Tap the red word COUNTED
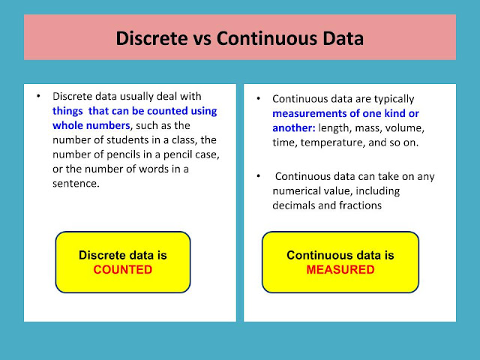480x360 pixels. point(123,270)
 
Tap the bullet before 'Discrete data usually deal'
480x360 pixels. point(38,97)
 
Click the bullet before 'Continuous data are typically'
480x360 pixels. point(259,99)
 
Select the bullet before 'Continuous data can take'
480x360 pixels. point(259,177)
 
